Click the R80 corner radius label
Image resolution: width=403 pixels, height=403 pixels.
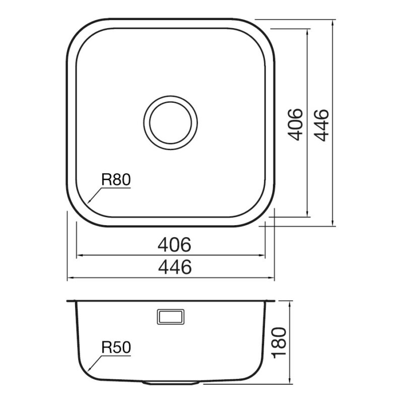(x=116, y=180)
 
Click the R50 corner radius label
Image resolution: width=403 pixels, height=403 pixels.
(x=116, y=348)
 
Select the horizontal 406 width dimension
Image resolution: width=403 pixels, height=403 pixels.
(x=174, y=244)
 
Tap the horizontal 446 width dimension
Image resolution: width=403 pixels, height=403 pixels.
(x=175, y=267)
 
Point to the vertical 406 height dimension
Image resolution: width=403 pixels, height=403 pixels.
(x=295, y=124)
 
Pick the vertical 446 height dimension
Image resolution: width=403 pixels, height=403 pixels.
(x=321, y=125)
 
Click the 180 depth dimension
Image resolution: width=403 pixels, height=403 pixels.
(x=279, y=343)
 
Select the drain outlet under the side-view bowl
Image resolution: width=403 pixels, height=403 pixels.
(x=170, y=383)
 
